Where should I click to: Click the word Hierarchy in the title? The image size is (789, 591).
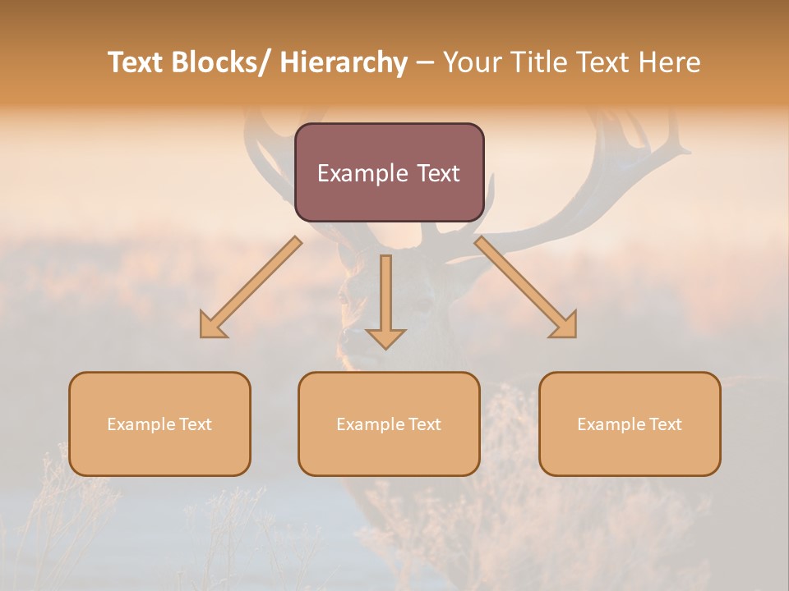click(344, 62)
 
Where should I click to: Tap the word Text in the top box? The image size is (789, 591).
click(436, 173)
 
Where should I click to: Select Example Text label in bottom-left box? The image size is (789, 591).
click(159, 424)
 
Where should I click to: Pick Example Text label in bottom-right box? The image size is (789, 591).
click(630, 424)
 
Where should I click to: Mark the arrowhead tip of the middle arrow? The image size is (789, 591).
click(385, 348)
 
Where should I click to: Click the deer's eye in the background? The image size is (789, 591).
click(422, 305)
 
